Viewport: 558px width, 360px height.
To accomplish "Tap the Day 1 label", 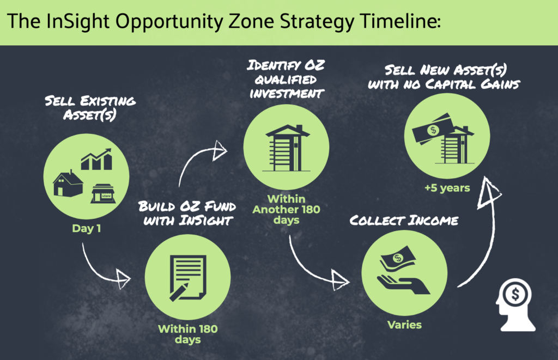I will click(x=86, y=228).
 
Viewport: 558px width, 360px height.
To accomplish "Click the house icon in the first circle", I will click(x=68, y=183).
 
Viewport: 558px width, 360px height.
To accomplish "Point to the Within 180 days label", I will click(x=187, y=334).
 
